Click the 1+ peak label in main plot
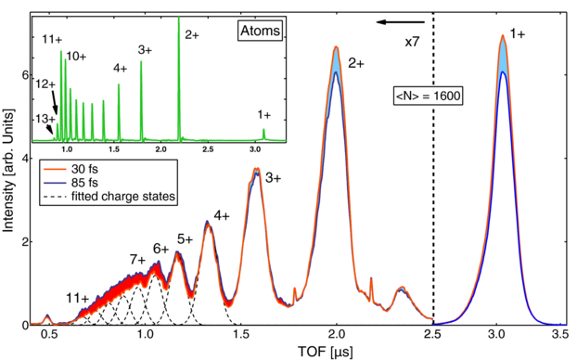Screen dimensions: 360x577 coord(517,33)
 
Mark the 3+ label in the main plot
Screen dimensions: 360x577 coord(276,176)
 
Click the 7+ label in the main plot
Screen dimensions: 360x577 coord(137,259)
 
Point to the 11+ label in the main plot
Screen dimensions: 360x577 coord(78,298)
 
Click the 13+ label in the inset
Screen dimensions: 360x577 coord(45,119)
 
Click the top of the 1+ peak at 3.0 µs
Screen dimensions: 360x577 coord(502,37)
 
